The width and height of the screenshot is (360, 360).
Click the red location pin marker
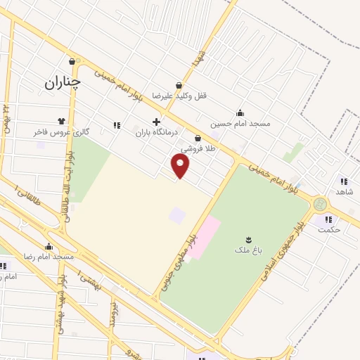tap(181, 165)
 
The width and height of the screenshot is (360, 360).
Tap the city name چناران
tap(63, 82)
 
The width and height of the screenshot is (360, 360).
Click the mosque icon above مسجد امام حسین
tap(240, 112)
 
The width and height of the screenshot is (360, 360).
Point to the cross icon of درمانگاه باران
tap(156, 122)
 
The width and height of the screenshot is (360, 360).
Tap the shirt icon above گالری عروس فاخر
tap(62, 120)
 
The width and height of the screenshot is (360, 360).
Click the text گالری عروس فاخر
tap(62, 131)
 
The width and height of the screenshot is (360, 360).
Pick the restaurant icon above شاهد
tap(344, 181)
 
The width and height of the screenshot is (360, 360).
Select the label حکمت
tap(328, 229)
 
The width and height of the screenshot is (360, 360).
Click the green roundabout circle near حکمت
tap(321, 204)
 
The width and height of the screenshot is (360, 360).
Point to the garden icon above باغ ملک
tap(248, 239)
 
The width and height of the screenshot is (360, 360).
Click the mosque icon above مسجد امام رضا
tap(49, 247)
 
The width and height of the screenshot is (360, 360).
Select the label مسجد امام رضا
tap(49, 257)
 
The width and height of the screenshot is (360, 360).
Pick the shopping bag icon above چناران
tap(72, 61)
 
